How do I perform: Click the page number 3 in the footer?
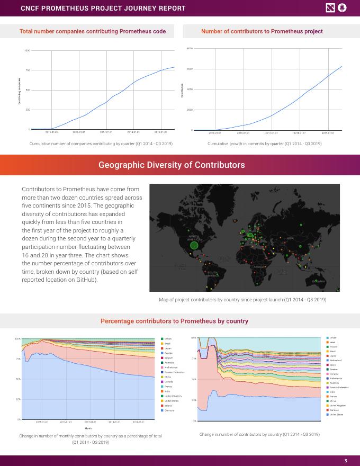(345, 460)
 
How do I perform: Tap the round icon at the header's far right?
(342, 7)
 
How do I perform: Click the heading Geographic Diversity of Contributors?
(172, 165)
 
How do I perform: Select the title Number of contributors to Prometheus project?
(262, 31)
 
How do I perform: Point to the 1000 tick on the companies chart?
(27, 51)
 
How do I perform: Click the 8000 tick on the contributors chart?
(190, 49)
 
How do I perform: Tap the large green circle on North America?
(194, 245)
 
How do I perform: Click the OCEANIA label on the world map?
(318, 281)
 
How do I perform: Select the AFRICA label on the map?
(259, 267)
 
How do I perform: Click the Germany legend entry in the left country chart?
(169, 410)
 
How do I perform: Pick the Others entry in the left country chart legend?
(168, 338)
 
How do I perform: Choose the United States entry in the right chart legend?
(336, 415)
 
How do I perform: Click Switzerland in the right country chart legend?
(336, 360)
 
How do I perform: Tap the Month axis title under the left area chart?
(88, 428)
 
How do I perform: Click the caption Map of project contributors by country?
(242, 300)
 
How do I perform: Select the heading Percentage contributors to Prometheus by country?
(174, 321)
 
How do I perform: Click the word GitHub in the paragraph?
(86, 280)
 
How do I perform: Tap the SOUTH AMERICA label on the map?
(212, 274)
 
